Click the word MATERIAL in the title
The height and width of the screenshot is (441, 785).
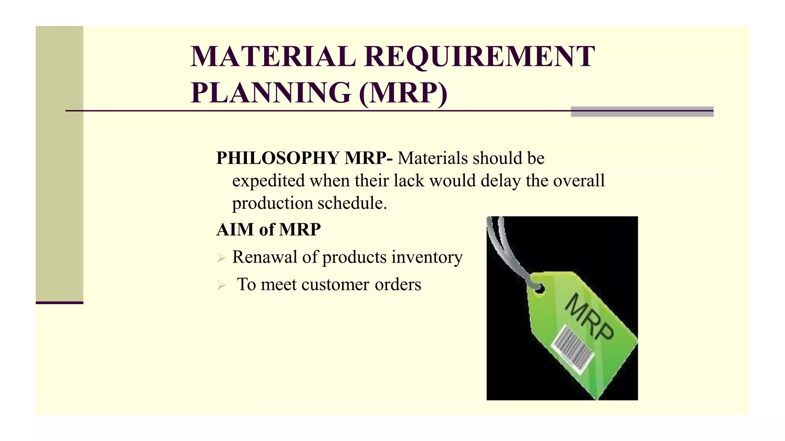pos(273,57)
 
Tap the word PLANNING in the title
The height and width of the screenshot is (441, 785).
pos(271,93)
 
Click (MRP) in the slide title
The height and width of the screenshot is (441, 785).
pos(403,93)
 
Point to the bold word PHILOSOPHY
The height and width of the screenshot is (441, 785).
pos(278,158)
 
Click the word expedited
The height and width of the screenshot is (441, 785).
pos(268,181)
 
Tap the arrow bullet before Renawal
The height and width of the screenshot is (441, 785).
pos(221,258)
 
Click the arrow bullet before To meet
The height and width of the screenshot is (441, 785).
pos(221,285)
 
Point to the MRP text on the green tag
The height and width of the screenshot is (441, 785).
pos(589,316)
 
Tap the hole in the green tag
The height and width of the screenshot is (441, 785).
pos(539,289)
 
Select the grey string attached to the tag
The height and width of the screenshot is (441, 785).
pos(502,245)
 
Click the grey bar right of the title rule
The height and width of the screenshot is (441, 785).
pos(642,111)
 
